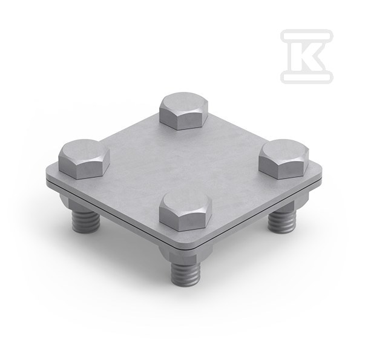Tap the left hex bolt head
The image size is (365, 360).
84,159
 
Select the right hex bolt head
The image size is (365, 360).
284,159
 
